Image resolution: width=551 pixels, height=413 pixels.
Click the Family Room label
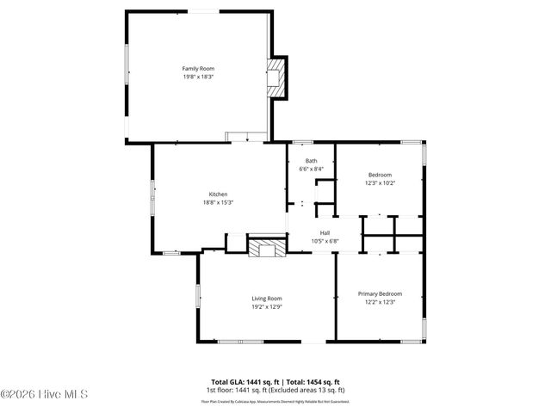[197, 69]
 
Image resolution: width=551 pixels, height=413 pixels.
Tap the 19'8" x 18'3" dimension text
[197, 77]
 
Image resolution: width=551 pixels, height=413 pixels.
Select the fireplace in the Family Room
[276, 78]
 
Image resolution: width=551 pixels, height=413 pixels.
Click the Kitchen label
[218, 194]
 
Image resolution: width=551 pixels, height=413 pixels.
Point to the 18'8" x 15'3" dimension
[218, 202]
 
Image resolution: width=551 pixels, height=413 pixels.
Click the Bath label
[311, 161]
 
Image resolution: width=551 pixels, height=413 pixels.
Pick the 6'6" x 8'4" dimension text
[311, 170]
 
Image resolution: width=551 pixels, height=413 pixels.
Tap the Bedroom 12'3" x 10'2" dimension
[380, 182]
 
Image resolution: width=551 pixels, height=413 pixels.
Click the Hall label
[325, 232]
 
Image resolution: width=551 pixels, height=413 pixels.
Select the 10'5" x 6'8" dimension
[325, 241]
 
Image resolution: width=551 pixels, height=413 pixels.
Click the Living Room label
[266, 298]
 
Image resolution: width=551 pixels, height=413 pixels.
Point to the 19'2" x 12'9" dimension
[266, 306]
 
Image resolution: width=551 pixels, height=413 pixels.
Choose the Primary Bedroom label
[380, 293]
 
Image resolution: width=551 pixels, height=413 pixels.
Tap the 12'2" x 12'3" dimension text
[380, 302]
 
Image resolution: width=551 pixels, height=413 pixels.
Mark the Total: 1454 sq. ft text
[313, 381]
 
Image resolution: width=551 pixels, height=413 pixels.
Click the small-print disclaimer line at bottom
[275, 401]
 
